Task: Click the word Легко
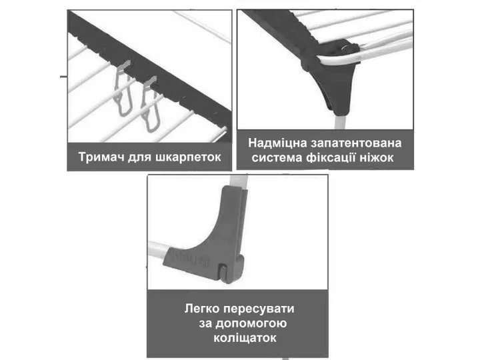click(x=202, y=309)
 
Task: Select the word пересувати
click(x=259, y=309)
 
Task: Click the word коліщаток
click(x=245, y=338)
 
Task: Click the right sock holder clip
click(x=150, y=104)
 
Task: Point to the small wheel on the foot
click(x=225, y=273)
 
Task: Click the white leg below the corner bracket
click(x=341, y=121)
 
